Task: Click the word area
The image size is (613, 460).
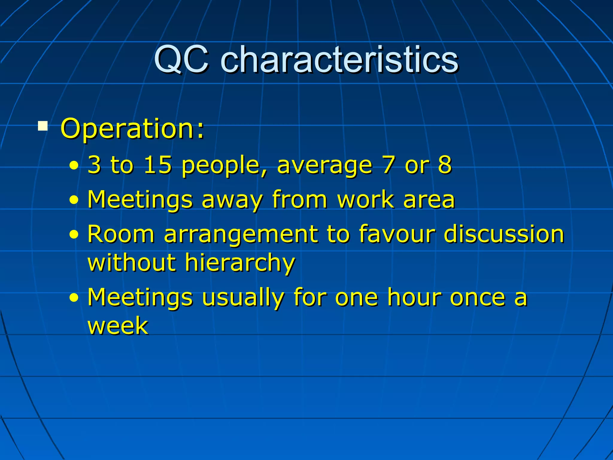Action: (x=429, y=200)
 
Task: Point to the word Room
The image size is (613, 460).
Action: (x=121, y=234)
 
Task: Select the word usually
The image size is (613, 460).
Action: (x=242, y=298)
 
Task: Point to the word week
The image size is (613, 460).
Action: (x=118, y=326)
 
